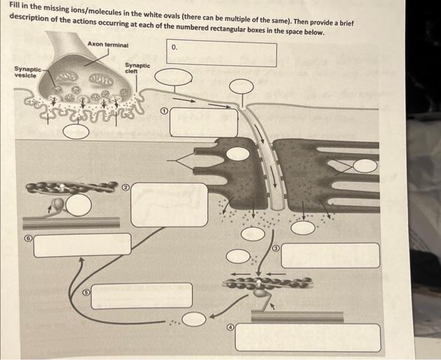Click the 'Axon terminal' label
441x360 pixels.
coord(108,45)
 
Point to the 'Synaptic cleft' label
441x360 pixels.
coord(137,68)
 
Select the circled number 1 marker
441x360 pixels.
coord(164,111)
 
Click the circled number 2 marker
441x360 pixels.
coord(126,187)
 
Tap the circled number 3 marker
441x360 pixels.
coord(276,248)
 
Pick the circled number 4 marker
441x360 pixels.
coord(231,327)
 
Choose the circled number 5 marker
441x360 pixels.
coord(87,293)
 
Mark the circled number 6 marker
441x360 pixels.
coord(28,238)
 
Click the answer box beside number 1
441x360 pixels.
coord(203,122)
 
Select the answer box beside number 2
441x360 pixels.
coord(169,205)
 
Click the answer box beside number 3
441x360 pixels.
coord(331,255)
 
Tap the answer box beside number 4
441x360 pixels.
coord(308,337)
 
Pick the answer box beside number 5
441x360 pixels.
coord(142,296)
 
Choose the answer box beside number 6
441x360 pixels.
coord(83,245)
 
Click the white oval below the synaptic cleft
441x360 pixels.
coord(76,131)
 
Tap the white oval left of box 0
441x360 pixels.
coord(173,77)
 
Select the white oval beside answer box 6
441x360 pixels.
coord(79,205)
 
